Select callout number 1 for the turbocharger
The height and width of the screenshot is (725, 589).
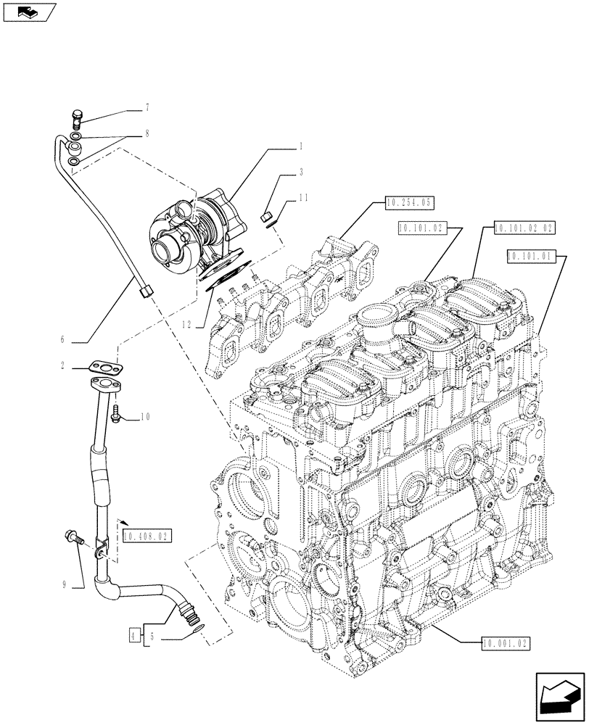coord(300,146)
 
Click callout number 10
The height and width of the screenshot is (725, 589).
coord(145,417)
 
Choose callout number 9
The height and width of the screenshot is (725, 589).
coord(65,581)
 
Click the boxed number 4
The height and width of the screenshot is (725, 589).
coord(133,636)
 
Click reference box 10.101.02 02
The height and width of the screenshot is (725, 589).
coord(523,228)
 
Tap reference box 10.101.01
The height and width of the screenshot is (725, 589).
coord(530,255)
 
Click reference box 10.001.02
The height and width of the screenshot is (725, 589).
coord(506,642)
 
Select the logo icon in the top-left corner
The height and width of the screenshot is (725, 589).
coord(28,12)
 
